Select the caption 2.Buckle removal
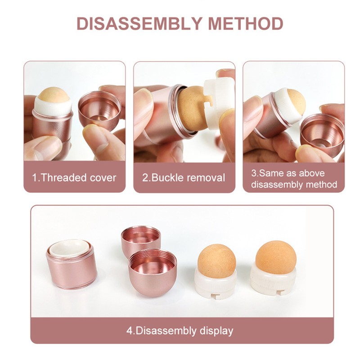click(x=184, y=177)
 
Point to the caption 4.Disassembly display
click(x=180, y=331)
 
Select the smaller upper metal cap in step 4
click(x=140, y=238)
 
